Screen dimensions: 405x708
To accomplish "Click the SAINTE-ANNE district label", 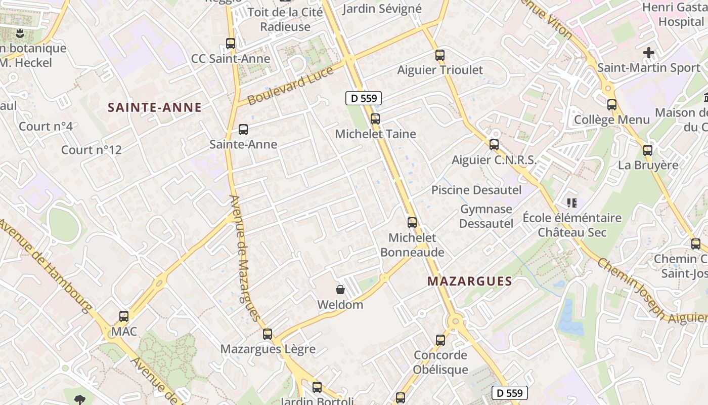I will click(x=155, y=107).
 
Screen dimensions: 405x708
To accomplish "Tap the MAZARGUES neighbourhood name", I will click(x=470, y=281).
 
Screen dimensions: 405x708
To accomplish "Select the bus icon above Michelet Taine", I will click(x=375, y=119).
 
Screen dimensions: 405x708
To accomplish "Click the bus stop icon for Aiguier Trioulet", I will click(x=440, y=55).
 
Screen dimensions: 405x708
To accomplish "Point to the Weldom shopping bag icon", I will click(x=340, y=290).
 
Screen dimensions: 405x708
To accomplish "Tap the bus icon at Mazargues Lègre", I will click(x=268, y=334).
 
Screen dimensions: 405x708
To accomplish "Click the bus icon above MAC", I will click(x=124, y=316).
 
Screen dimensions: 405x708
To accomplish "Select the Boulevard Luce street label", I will click(x=290, y=85).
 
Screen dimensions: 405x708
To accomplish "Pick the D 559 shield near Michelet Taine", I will click(x=363, y=98).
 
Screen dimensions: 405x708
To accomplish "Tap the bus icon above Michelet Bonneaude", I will click(x=412, y=222).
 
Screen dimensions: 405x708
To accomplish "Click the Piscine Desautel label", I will click(x=476, y=190).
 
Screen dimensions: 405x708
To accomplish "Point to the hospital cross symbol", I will click(x=648, y=52).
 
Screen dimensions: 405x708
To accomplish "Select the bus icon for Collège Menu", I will click(x=612, y=105).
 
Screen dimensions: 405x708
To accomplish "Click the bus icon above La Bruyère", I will click(x=648, y=150).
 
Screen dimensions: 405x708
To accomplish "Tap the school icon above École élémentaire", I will click(x=572, y=203).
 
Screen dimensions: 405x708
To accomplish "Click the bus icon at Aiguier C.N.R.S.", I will click(x=494, y=145).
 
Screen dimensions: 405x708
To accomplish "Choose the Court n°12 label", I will click(x=92, y=150).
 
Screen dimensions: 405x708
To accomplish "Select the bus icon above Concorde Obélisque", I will click(x=440, y=340).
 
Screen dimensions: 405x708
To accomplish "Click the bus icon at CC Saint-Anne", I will click(x=231, y=44).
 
